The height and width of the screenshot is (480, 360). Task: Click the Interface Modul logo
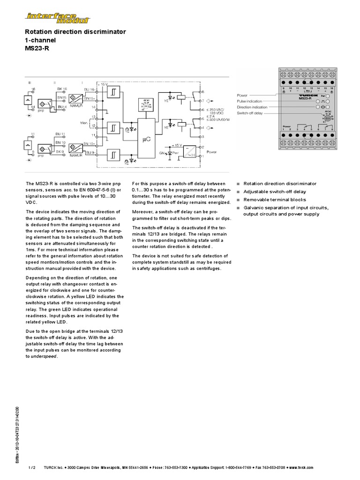point(58,17)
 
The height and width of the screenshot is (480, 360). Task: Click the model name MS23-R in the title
point(35,48)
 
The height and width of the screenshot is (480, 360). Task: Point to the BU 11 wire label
point(60,134)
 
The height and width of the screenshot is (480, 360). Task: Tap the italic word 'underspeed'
point(44,356)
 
